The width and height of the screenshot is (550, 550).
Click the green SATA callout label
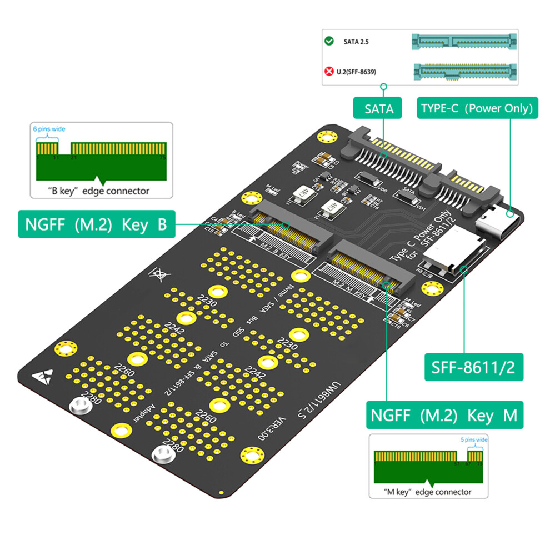[379, 108]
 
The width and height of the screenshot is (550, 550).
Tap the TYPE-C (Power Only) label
[477, 108]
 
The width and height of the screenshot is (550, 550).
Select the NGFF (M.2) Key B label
[96, 224]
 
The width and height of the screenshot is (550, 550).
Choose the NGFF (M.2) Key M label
[442, 415]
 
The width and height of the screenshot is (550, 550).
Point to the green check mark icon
[329, 41]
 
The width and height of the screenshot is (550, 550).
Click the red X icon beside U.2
[329, 71]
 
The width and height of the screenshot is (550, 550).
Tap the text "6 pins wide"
[49, 129]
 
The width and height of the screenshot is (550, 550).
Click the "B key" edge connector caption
[98, 191]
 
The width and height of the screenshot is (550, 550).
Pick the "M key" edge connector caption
[427, 492]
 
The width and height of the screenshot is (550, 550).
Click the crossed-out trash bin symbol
[157, 273]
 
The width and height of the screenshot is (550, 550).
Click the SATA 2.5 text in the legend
[357, 42]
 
